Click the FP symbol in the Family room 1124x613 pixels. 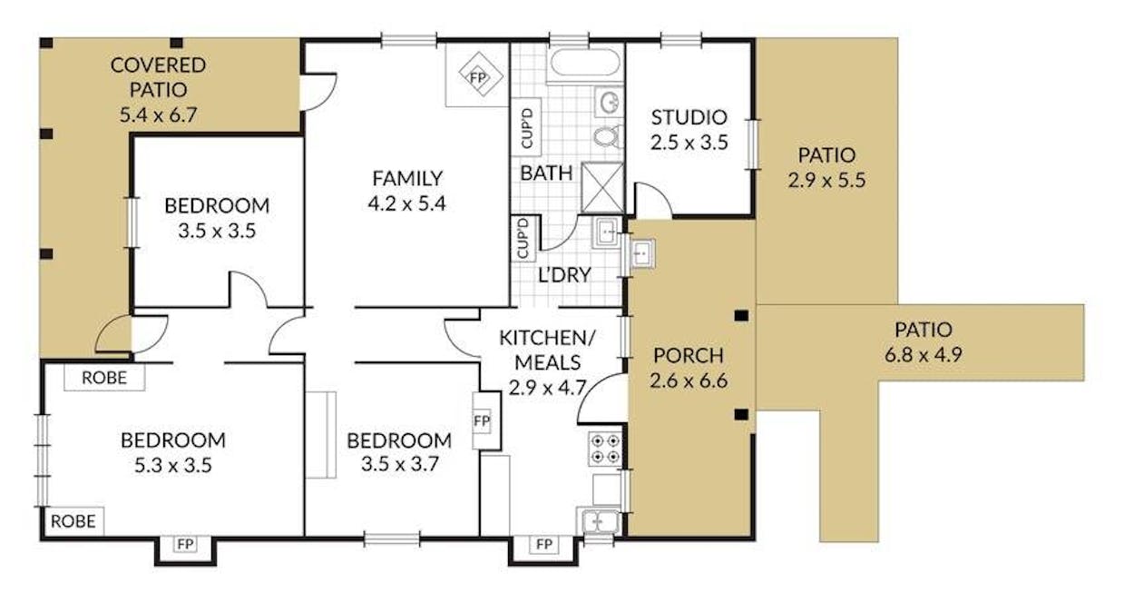pyautogui.click(x=477, y=77)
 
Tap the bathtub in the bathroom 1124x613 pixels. pyautogui.click(x=585, y=65)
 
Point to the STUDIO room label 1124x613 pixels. pyautogui.click(x=689, y=117)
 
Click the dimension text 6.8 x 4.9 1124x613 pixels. pyautogui.click(x=924, y=354)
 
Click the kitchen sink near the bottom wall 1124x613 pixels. pyautogui.click(x=600, y=522)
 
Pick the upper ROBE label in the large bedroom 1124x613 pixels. pyautogui.click(x=104, y=377)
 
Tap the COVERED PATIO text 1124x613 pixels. pyautogui.click(x=158, y=77)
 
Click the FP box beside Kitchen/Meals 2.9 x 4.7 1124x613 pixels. pyautogui.click(x=483, y=422)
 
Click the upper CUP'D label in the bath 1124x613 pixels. pyautogui.click(x=527, y=128)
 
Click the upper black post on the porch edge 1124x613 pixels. pyautogui.click(x=741, y=316)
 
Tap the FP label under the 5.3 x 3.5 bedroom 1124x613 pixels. pyautogui.click(x=185, y=545)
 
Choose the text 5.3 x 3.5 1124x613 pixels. pyautogui.click(x=173, y=466)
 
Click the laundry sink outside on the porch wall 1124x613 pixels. pyautogui.click(x=641, y=253)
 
